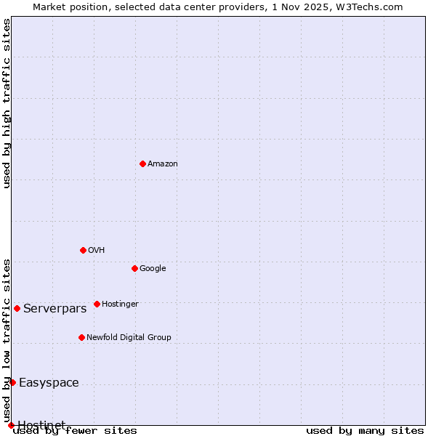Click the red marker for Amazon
(142, 163)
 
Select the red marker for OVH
(83, 250)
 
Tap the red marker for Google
(134, 268)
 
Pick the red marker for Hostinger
(97, 304)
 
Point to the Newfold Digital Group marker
(81, 337)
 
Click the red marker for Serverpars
(17, 308)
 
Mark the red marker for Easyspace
(12, 382)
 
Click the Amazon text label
(163, 164)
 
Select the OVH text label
(97, 251)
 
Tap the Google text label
(153, 269)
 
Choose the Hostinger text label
(120, 304)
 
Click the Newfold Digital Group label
(129, 338)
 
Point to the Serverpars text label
(54, 309)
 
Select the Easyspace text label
(49, 383)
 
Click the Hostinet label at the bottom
(41, 424)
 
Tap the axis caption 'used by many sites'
(365, 431)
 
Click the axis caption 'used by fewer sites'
(75, 431)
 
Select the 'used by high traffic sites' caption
(7, 103)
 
